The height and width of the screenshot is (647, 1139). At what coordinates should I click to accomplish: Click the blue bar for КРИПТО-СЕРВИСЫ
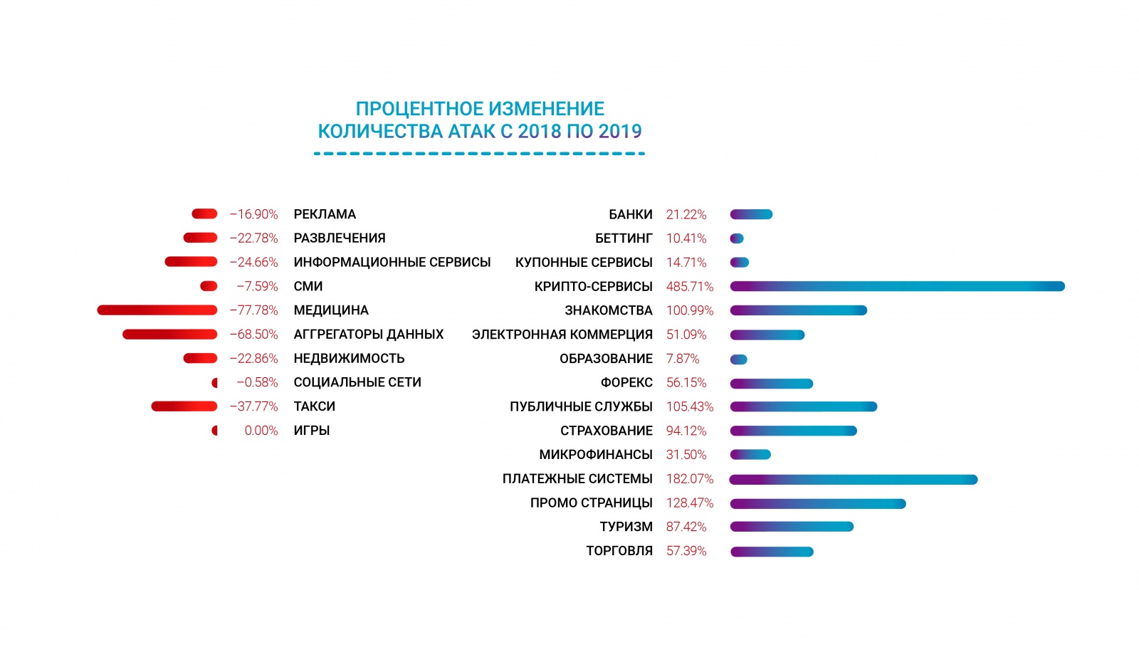897,286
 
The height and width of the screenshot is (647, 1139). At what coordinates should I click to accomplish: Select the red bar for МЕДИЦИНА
157,310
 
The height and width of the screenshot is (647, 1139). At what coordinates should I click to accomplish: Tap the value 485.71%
689,286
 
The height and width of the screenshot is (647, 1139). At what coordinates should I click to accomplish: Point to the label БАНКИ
630,214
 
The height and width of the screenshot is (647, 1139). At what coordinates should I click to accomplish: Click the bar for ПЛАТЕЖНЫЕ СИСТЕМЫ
854,479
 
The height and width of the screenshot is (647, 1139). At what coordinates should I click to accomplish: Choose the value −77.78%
253,310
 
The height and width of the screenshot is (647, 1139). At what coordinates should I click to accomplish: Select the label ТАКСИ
314,406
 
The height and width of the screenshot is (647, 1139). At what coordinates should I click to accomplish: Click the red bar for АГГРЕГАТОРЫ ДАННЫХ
169,334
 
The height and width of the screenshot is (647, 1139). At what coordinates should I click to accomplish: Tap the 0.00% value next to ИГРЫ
261,431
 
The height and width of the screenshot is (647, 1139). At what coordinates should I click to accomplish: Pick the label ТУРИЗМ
626,527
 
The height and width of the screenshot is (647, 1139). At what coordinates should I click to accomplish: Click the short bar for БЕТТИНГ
737,238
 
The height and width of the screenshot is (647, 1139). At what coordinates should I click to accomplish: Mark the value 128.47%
689,503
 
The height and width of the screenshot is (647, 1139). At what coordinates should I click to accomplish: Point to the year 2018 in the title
539,132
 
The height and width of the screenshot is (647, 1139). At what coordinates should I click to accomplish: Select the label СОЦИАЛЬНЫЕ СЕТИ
357,382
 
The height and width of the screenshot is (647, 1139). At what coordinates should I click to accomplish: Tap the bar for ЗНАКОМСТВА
798,310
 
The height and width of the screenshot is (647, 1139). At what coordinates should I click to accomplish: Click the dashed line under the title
479,153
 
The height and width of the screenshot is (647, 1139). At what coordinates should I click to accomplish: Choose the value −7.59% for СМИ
257,286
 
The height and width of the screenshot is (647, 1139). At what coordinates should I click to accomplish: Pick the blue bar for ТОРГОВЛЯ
772,551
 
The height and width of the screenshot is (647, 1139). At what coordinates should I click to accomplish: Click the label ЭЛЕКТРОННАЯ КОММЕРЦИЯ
562,335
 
